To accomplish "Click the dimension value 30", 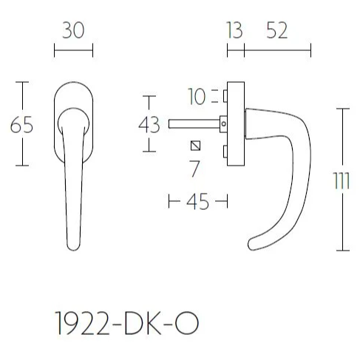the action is click(x=73, y=30).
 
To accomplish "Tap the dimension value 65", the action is click(x=21, y=125).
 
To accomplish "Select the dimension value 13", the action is click(x=234, y=30).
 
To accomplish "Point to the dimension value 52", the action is click(x=277, y=30).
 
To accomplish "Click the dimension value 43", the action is click(x=149, y=125).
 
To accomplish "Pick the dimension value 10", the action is click(x=197, y=96).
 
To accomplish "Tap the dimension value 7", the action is click(x=194, y=169).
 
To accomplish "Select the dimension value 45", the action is click(x=197, y=202).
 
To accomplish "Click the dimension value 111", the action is click(x=342, y=180).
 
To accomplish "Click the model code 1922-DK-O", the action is click(x=127, y=323).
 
